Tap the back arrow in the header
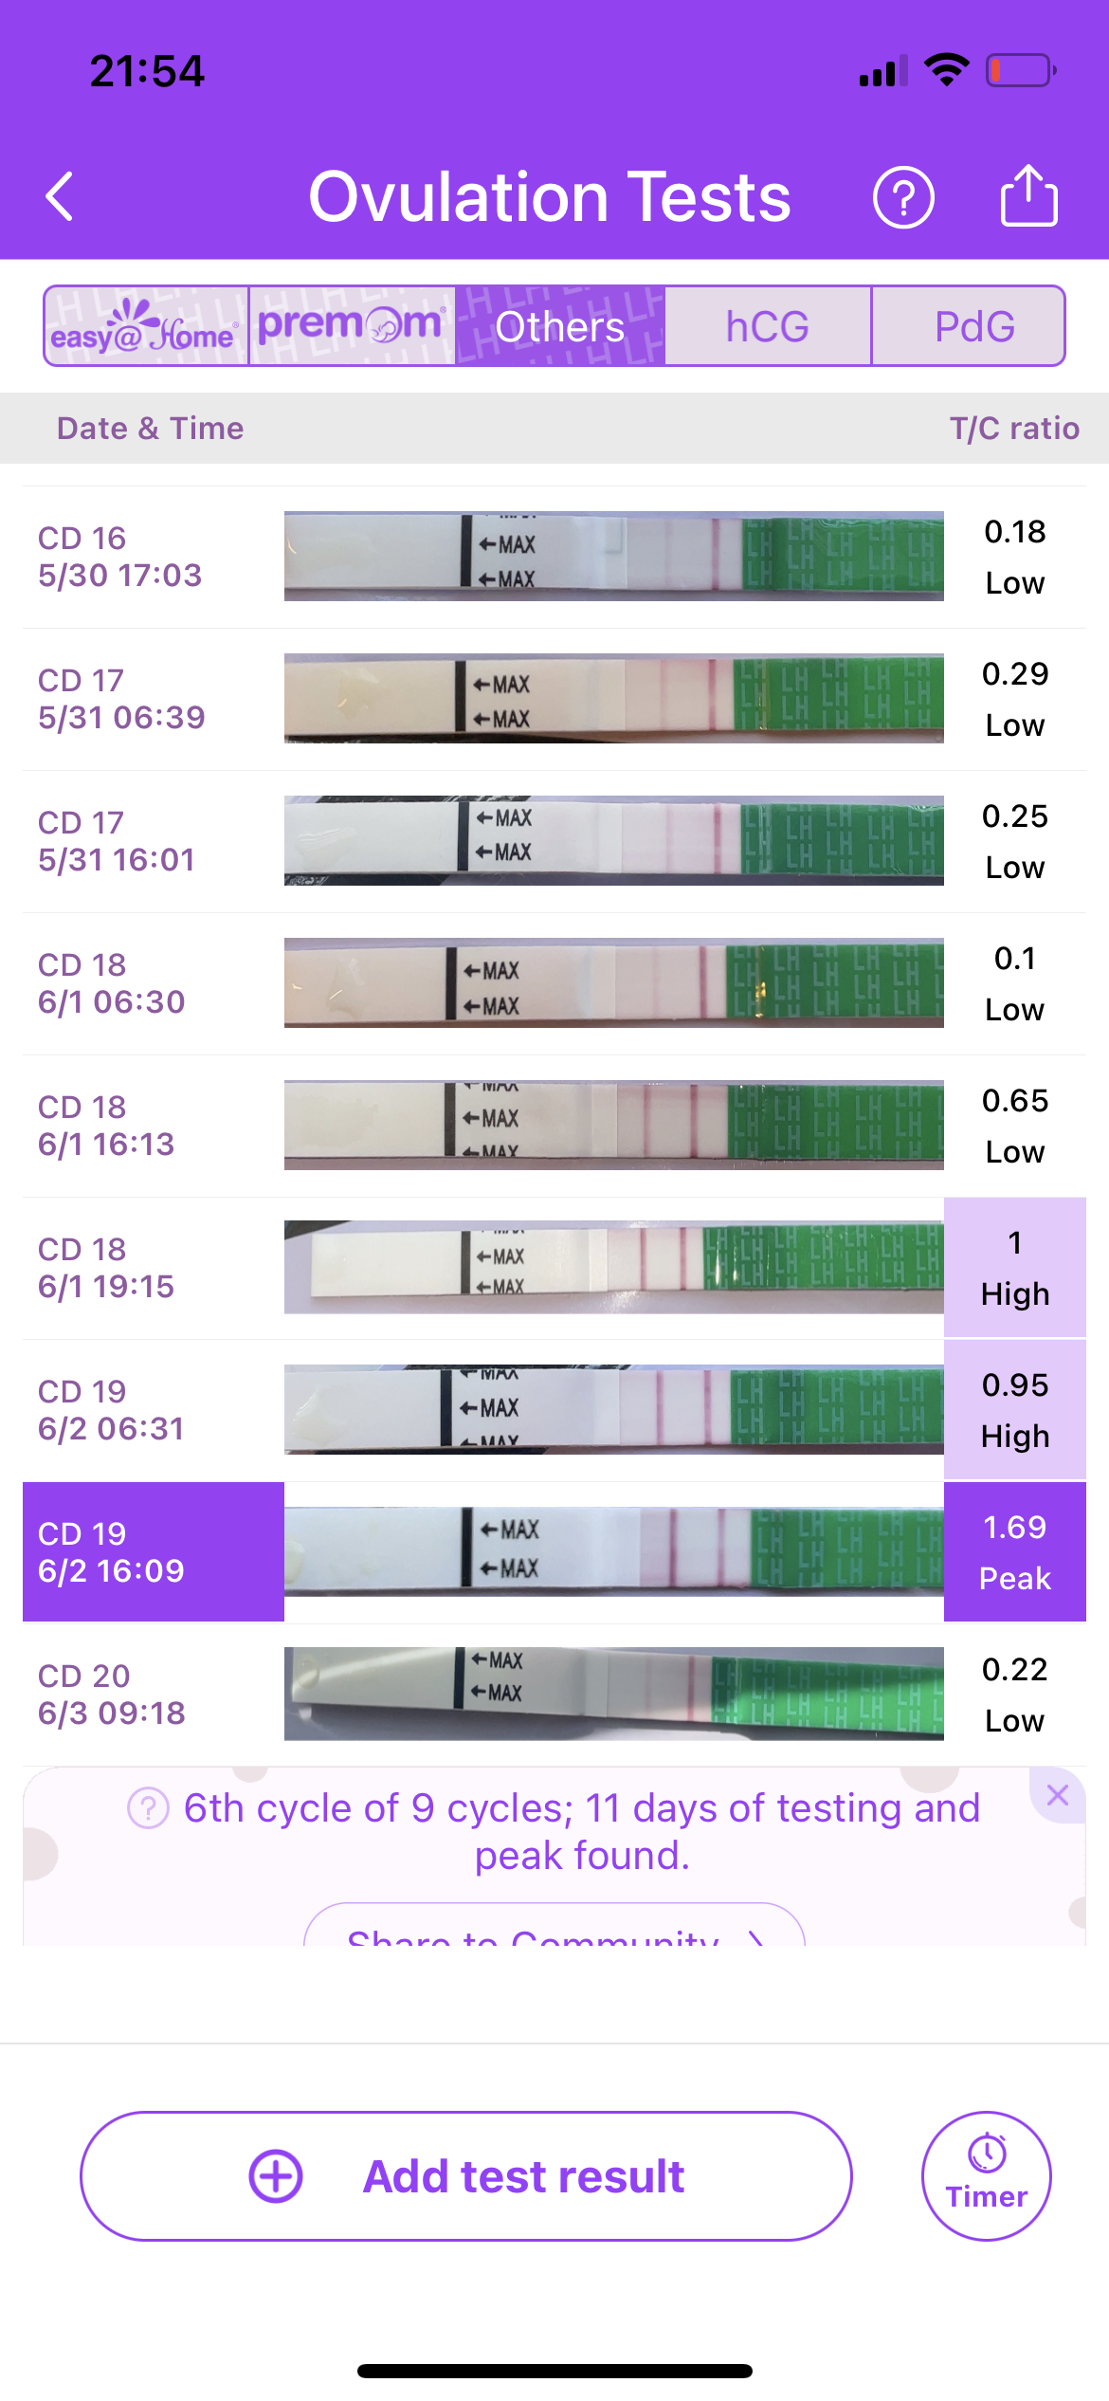pyautogui.click(x=60, y=197)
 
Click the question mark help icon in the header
pyautogui.click(x=903, y=197)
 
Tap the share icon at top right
pyautogui.click(x=1028, y=195)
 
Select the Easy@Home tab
pyautogui.click(x=146, y=326)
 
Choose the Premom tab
pyautogui.click(x=352, y=326)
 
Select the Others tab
pyautogui.click(x=559, y=326)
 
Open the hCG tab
pyautogui.click(x=767, y=326)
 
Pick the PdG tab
pyautogui.click(x=973, y=326)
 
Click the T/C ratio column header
pyautogui.click(x=1013, y=429)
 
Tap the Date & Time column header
pyautogui.click(x=150, y=429)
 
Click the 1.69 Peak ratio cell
pyautogui.click(x=1014, y=1552)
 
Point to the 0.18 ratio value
pyautogui.click(x=1014, y=532)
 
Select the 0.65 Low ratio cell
pyautogui.click(x=1014, y=1126)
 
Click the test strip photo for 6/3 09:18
pyautogui.click(x=613, y=1694)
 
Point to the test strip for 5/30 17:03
pyautogui.click(x=613, y=557)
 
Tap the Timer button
pyautogui.click(x=986, y=2175)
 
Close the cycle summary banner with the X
pyautogui.click(x=1057, y=1794)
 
